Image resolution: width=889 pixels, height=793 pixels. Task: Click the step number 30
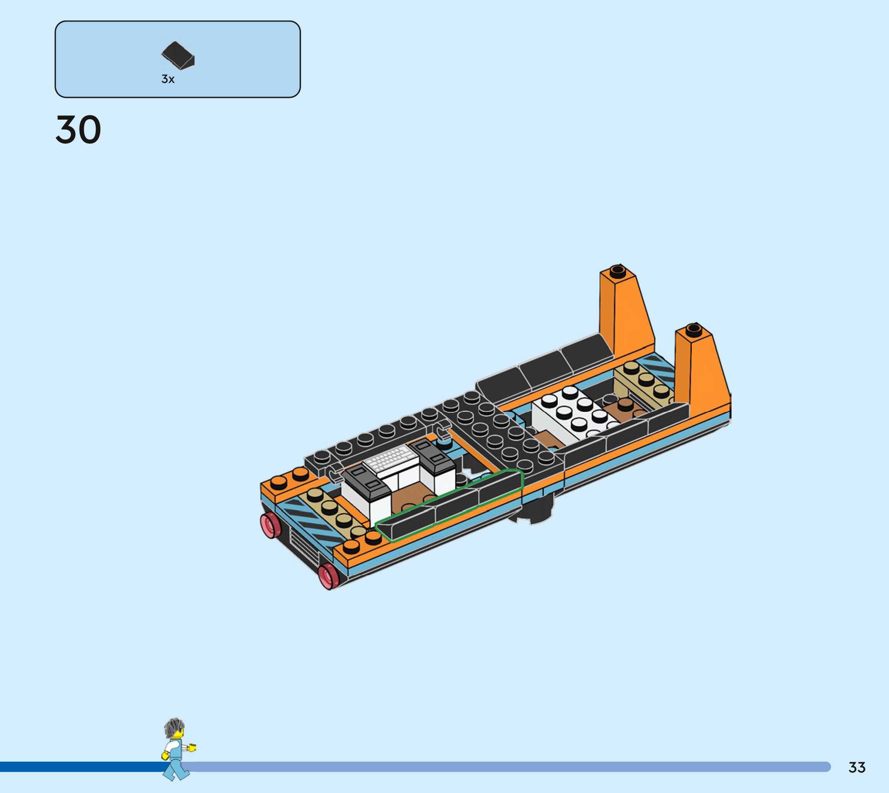click(x=78, y=129)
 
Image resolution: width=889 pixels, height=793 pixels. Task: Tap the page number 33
click(x=857, y=767)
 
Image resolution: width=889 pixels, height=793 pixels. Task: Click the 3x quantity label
click(x=168, y=79)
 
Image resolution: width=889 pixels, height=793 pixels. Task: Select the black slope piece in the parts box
click(x=178, y=55)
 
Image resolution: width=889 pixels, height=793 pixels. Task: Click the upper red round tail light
click(x=270, y=525)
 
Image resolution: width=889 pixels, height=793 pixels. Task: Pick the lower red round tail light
click(x=329, y=576)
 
